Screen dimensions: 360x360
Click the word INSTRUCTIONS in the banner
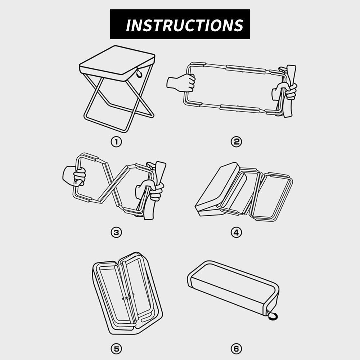[185, 25]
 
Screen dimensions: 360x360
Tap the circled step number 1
[116, 142]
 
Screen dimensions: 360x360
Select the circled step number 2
[236, 141]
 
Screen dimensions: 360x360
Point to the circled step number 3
[116, 233]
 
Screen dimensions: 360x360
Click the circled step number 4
[236, 233]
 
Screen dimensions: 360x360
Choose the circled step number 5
[116, 349]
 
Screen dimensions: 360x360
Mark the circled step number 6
[236, 349]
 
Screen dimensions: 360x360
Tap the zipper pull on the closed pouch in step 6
[273, 315]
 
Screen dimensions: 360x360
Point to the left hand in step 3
[74, 176]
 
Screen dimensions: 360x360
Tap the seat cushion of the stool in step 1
[117, 63]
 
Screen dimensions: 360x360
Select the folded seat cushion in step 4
[217, 189]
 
